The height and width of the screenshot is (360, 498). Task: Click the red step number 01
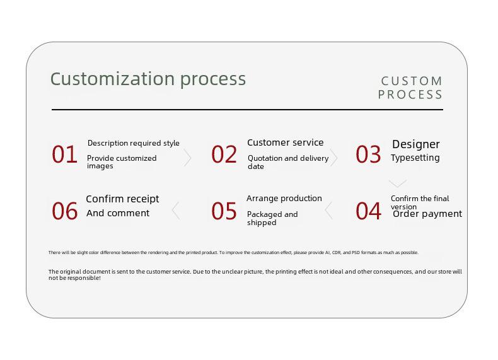click(x=64, y=154)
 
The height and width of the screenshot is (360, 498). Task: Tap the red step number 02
click(x=224, y=154)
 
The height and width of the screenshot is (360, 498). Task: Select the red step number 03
click(x=368, y=154)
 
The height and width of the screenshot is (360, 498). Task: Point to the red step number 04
click(x=368, y=211)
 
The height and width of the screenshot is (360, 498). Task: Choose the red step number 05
click(x=224, y=211)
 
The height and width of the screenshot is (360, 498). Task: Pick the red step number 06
click(x=65, y=211)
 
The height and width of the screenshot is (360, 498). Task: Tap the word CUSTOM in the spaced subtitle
click(x=412, y=81)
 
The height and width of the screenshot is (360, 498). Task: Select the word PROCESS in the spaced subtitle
click(x=410, y=95)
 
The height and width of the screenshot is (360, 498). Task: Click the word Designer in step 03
click(x=416, y=144)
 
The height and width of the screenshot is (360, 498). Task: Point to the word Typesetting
click(x=415, y=158)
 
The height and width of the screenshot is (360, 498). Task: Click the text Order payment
click(x=427, y=214)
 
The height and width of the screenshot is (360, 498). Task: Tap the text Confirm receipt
click(x=122, y=199)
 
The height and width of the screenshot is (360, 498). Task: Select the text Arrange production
click(x=284, y=199)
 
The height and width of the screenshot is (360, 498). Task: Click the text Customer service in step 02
click(x=286, y=142)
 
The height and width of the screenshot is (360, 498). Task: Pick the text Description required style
click(x=134, y=143)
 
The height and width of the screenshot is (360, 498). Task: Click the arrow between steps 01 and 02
click(x=188, y=158)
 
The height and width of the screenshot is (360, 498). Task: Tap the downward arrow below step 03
click(x=398, y=183)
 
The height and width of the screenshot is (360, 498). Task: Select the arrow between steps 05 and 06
click(x=176, y=211)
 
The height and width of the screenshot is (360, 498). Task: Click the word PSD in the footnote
click(x=356, y=253)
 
